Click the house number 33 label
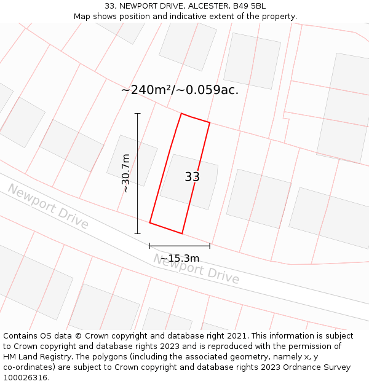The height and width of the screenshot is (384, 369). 192,177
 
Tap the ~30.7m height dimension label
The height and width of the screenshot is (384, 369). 126,173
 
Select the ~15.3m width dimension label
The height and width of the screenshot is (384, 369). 180,258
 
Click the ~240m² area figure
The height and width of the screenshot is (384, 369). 145,90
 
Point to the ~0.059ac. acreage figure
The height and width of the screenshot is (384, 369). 208,90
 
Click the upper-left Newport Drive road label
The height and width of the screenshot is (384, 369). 49,206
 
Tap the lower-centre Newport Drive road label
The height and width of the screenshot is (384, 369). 196,268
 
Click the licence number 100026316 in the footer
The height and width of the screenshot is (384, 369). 25,377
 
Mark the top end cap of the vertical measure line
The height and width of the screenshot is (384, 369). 137,114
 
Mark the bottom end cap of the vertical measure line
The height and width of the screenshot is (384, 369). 137,233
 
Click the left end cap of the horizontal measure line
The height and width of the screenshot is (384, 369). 149,246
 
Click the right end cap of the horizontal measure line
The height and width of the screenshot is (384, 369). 210,246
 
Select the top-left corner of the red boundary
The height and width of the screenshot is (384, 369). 181,114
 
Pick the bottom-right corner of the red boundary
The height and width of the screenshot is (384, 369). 182,233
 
